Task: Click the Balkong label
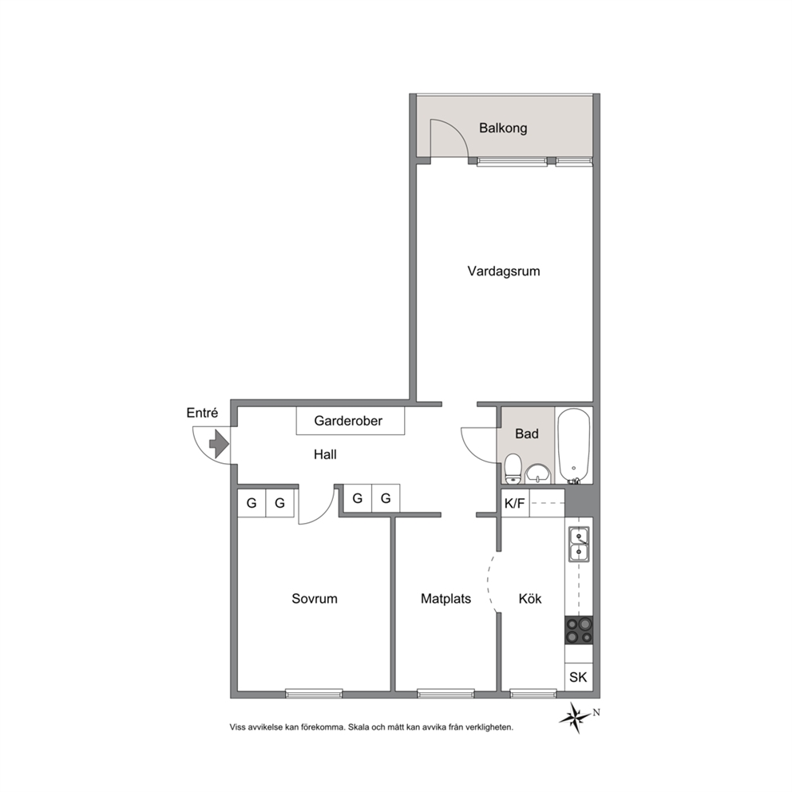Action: (x=503, y=128)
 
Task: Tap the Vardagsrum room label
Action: (x=504, y=271)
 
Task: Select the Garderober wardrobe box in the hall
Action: (x=350, y=421)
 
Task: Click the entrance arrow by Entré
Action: (x=220, y=444)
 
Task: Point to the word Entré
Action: (x=202, y=413)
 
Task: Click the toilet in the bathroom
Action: (x=513, y=469)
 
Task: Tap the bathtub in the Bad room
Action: (x=574, y=446)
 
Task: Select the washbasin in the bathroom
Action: (x=538, y=473)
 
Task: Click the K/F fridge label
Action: (x=515, y=504)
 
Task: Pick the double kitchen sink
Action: (x=579, y=544)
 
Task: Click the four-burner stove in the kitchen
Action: (x=579, y=630)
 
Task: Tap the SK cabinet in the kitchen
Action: (x=578, y=677)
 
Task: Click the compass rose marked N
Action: (x=576, y=717)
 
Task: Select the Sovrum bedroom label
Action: (x=315, y=599)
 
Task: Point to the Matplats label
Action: (x=446, y=599)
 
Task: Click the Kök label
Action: (x=530, y=599)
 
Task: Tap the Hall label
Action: (x=325, y=454)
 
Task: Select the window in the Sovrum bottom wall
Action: (x=315, y=694)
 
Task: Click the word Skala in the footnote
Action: (x=358, y=727)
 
